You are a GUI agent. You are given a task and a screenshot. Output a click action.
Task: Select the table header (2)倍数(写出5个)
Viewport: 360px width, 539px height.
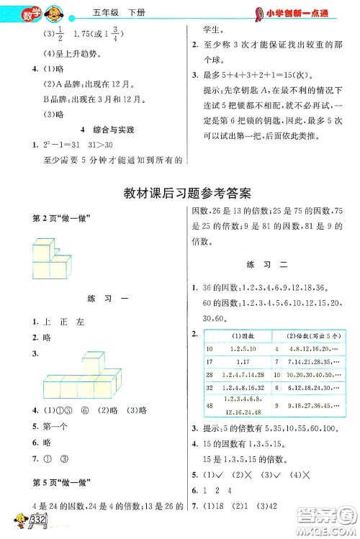tap(314, 335)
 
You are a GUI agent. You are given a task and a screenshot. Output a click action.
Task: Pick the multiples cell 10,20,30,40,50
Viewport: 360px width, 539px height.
tap(314, 375)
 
